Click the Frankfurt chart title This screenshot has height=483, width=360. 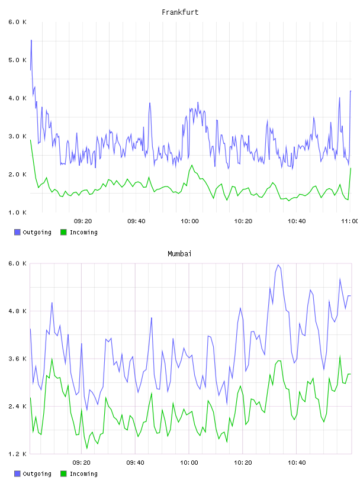click(180, 12)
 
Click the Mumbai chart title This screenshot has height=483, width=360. click(179, 254)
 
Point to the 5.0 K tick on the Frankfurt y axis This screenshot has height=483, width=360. click(18, 60)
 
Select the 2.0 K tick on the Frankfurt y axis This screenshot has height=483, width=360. click(18, 175)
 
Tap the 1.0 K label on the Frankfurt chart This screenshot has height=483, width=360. click(18, 212)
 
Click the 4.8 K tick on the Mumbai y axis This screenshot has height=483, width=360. click(18, 311)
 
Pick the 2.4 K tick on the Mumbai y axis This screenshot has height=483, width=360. click(18, 406)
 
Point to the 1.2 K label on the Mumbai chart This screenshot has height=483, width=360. click(18, 454)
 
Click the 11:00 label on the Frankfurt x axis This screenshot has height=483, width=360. click(349, 221)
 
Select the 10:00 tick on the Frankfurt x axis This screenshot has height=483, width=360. click(189, 221)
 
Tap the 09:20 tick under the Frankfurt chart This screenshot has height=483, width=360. click(83, 221)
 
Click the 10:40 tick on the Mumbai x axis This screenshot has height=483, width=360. click(297, 463)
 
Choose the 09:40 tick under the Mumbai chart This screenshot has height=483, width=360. click(135, 463)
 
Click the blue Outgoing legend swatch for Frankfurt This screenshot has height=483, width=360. click(17, 232)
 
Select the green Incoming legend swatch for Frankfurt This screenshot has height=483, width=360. click(63, 232)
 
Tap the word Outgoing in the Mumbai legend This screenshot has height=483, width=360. click(37, 474)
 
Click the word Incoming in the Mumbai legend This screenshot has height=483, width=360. click(83, 474)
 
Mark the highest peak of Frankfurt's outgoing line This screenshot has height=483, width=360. click(31, 40)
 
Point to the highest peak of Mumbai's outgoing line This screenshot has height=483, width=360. click(278, 265)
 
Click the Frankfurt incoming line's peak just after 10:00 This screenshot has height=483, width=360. click(192, 165)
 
